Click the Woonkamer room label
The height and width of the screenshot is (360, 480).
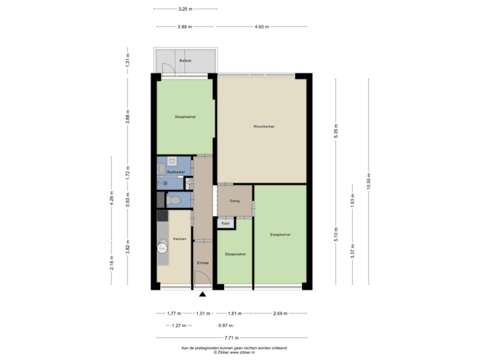point(264,126)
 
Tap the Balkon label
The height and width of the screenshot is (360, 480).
point(185,61)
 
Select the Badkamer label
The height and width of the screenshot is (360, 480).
point(176,172)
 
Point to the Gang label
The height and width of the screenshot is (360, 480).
point(235,201)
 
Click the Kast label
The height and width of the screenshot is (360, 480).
point(225,223)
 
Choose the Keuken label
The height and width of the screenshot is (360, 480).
point(179,238)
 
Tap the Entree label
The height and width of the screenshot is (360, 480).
point(203,263)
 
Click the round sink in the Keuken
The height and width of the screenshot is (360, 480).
point(161,248)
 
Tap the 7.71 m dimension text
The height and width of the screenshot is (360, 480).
point(231,337)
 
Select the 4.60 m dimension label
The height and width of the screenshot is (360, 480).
point(261,27)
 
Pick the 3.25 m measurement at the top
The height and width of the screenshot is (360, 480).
point(185,9)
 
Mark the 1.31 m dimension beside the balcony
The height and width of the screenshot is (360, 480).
point(127,62)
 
